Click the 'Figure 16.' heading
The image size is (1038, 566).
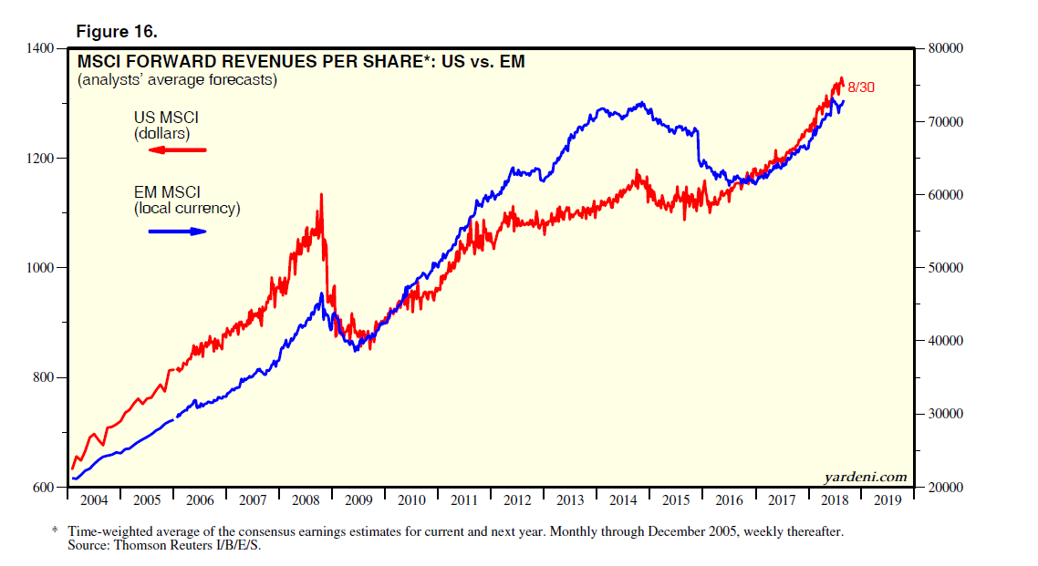[x=117, y=32]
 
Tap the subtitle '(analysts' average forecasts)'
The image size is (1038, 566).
[x=177, y=80]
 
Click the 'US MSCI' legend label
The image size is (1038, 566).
[x=166, y=118]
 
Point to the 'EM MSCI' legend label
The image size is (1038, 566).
[x=166, y=191]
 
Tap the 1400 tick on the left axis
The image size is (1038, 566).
[x=40, y=48]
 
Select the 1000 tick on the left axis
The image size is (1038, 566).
[x=40, y=268]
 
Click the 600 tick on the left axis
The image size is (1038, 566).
[x=44, y=488]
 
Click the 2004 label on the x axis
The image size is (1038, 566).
[x=94, y=500]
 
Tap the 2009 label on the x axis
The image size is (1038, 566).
[x=358, y=500]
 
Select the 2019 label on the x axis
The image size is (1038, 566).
[x=887, y=500]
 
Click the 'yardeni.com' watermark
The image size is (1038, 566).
[x=866, y=477]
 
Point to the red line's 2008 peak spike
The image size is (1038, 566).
[x=321, y=195]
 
